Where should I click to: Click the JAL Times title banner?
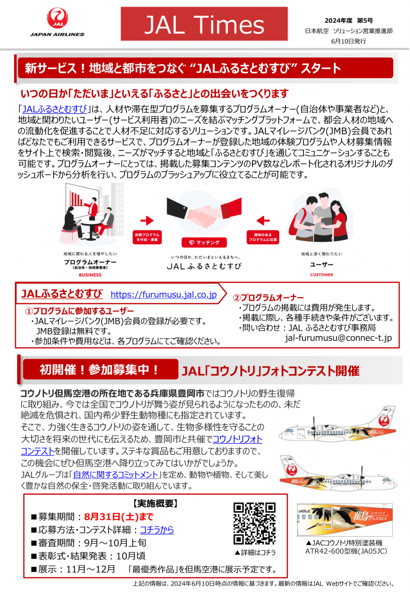click(204, 24)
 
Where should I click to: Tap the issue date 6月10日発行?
click(349, 41)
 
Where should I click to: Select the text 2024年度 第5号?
click(348, 20)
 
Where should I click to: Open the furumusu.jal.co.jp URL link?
click(163, 295)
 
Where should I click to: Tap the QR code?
click(254, 523)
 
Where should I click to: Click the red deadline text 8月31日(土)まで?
click(118, 517)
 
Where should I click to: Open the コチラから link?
click(157, 530)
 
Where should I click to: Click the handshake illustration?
click(205, 212)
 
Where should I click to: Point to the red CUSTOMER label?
click(321, 275)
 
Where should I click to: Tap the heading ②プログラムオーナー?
click(268, 297)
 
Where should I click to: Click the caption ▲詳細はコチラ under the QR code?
click(255, 552)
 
